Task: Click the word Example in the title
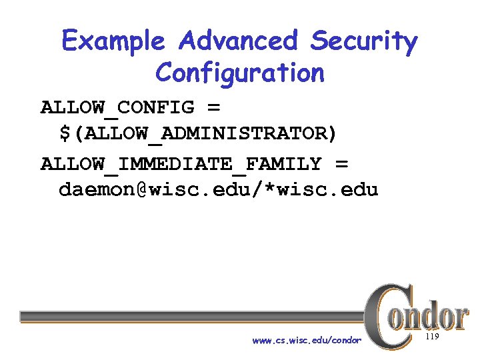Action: pyautogui.click(x=113, y=41)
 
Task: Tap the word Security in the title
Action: pyautogui.click(x=363, y=41)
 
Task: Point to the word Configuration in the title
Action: pyautogui.click(x=239, y=73)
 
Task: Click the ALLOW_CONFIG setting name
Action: pyautogui.click(x=117, y=107)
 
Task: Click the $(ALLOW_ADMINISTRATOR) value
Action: pyautogui.click(x=198, y=134)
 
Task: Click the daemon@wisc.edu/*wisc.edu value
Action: pyautogui.click(x=218, y=190)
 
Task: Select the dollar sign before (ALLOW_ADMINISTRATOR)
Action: pyautogui.click(x=65, y=134)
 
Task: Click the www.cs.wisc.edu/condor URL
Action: pyautogui.click(x=307, y=341)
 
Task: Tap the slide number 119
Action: pyautogui.click(x=431, y=338)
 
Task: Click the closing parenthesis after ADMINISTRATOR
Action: pyautogui.click(x=331, y=134)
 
